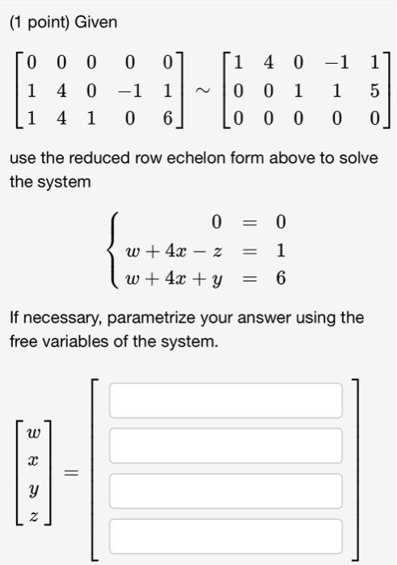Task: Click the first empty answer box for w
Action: click(x=226, y=400)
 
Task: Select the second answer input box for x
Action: click(x=226, y=446)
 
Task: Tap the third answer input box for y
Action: click(x=226, y=491)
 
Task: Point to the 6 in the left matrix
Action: click(x=167, y=117)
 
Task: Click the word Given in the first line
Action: click(x=96, y=23)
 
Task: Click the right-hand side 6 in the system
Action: click(x=281, y=278)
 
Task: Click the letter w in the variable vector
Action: click(x=33, y=433)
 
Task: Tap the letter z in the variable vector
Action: click(x=33, y=514)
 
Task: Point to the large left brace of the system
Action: click(x=115, y=250)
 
